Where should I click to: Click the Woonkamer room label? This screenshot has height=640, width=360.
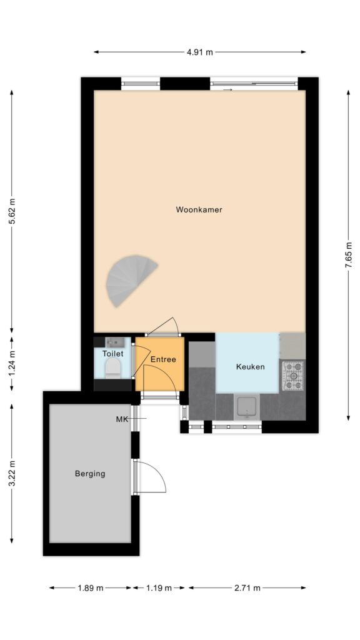click(x=199, y=210)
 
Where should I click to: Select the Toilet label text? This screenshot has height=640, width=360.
click(x=112, y=354)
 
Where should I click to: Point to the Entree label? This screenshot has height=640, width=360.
click(x=163, y=359)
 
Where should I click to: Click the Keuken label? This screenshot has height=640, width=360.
click(x=250, y=366)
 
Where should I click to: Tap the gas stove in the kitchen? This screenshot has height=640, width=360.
click(x=293, y=375)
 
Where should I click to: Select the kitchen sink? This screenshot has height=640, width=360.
click(x=247, y=407)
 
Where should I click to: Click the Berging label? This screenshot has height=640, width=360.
click(x=90, y=474)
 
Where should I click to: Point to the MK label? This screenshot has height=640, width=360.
click(x=122, y=419)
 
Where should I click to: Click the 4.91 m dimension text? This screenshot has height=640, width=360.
click(x=200, y=52)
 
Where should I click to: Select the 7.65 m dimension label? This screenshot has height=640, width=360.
click(x=348, y=255)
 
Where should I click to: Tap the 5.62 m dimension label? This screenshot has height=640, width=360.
click(x=12, y=211)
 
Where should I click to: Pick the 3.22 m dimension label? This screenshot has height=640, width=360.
click(x=12, y=474)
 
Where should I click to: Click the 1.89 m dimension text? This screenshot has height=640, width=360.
click(x=90, y=587)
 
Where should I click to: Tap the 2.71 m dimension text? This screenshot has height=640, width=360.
click(x=247, y=587)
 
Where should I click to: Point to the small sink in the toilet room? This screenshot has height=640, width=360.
click(x=112, y=342)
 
